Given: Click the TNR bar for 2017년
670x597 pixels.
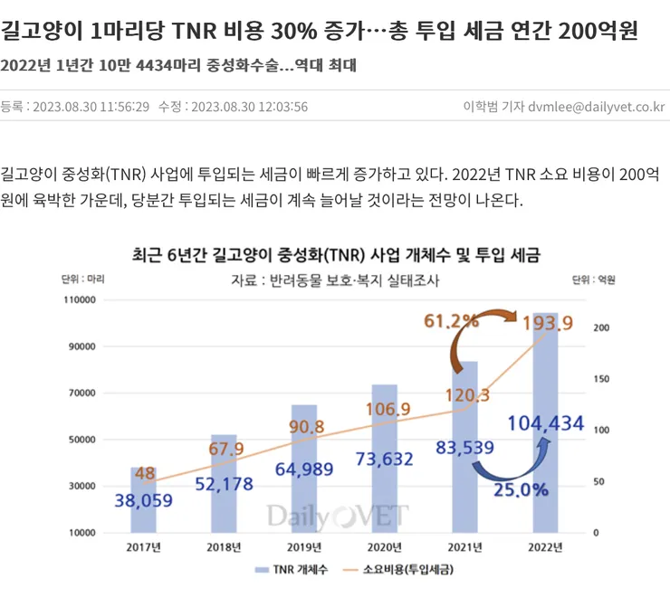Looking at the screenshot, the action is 144,499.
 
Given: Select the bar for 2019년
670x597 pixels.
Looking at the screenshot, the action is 304,469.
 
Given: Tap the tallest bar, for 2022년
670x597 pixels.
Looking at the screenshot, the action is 545,422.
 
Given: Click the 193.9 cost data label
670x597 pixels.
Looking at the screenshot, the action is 548,323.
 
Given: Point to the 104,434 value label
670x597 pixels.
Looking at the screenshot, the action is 546,423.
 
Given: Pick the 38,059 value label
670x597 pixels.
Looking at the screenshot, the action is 144,500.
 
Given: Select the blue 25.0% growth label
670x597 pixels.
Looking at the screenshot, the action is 521,490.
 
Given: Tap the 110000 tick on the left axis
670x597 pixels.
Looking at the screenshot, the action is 80,299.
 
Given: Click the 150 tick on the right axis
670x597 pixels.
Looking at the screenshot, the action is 601,379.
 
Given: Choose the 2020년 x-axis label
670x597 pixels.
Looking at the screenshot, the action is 385,547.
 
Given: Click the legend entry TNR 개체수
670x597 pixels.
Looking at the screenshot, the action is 292,569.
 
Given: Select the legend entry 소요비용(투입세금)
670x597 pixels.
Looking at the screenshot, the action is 398,569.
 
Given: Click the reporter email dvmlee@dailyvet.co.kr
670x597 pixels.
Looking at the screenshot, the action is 597,107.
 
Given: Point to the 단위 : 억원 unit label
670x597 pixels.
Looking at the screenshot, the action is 594,280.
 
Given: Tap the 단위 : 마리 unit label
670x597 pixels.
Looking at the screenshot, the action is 83,280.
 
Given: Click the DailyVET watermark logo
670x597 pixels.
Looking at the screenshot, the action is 338,516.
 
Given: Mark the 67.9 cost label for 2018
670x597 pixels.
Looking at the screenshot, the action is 226,449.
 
